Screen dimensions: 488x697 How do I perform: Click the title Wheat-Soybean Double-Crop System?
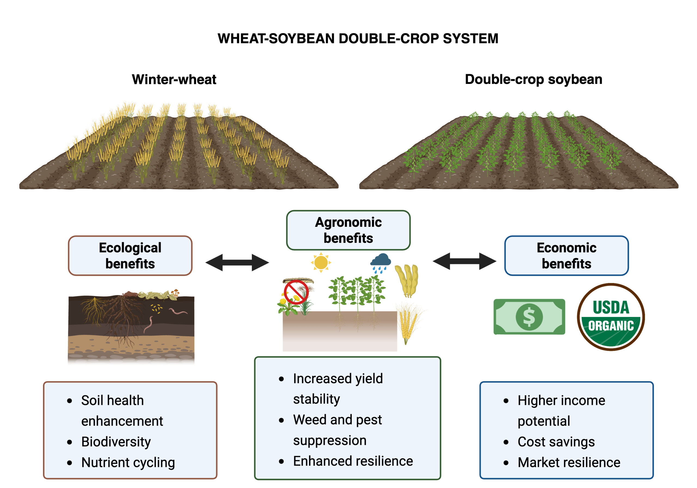coord(357,39)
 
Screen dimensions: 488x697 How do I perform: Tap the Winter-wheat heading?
coord(174,80)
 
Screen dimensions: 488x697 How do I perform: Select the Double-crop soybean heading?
coord(533,79)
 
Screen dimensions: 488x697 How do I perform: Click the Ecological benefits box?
coord(130,255)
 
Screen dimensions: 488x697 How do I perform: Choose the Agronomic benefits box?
coord(348,230)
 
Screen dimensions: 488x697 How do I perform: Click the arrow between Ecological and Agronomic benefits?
coord(237,262)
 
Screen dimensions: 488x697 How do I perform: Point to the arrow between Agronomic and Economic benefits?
coord(464,261)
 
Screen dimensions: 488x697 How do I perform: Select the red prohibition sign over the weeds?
coord(296,292)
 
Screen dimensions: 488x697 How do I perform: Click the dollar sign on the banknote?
coord(529,316)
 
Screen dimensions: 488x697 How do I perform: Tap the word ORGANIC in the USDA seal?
coord(611,326)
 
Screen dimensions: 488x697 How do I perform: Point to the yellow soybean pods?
coord(407,280)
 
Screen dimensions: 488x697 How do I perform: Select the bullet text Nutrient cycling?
coord(128,462)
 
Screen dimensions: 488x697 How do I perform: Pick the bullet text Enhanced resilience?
coord(353,461)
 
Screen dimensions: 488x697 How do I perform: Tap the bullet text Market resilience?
coord(568,462)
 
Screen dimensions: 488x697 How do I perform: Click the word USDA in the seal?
coord(611,307)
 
